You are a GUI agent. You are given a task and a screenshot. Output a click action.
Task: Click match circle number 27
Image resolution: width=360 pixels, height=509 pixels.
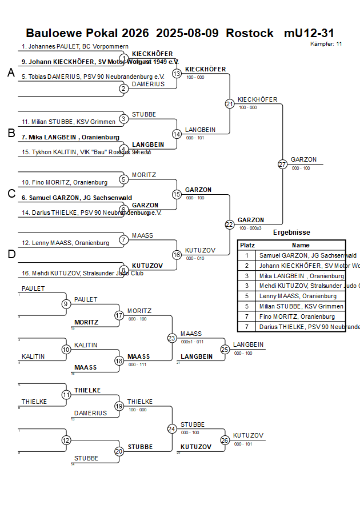coord(282,165)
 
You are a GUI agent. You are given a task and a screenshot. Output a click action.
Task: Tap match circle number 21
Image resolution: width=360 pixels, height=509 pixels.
coord(230,104)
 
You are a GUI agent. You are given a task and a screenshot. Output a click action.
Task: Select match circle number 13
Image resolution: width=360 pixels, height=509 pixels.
coord(177,74)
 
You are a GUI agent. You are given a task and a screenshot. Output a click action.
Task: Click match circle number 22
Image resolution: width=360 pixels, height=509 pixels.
coord(230,225)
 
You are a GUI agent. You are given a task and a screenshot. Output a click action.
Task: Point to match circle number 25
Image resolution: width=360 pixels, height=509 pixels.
coord(225,349)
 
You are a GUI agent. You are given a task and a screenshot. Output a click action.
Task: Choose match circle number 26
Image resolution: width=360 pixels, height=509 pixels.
coord(225,440)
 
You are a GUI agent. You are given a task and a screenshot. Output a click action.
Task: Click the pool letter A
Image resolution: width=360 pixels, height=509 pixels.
coord(11,73)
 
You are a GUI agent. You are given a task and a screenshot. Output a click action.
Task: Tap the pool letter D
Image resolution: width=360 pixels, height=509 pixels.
coord(11,254)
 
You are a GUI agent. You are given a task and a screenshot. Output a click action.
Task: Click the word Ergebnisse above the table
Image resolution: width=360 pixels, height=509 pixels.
coord(291,233)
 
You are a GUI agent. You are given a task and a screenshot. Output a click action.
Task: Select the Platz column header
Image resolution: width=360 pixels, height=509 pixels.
coord(247,245)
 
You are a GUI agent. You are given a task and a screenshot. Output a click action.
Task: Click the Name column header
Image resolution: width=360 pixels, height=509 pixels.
coord(301,245)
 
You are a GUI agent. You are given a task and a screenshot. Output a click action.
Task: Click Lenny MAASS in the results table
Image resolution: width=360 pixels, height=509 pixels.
coord(298,296)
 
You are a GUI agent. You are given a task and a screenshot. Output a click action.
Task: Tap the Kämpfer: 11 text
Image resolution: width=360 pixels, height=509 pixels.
coord(326,44)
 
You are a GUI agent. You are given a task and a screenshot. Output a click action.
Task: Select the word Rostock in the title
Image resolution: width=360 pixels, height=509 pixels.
coord(250,33)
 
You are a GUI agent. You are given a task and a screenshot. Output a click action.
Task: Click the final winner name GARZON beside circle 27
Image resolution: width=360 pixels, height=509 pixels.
coord(303,160)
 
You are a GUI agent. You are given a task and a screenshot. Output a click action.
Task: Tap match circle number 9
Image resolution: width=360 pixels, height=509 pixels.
coord(67,304)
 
